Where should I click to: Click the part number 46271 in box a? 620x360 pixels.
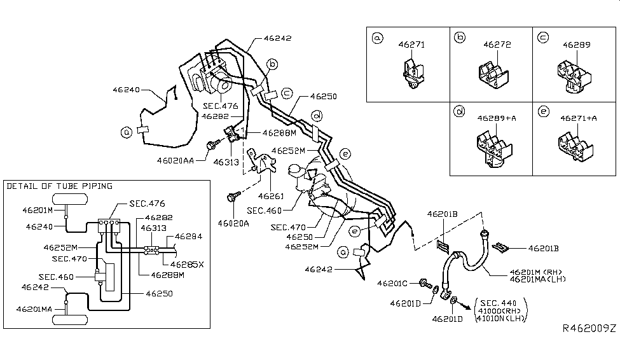pos(411,45)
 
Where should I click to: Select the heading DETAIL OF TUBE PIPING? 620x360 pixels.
pos(59,186)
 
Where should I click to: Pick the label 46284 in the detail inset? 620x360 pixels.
pos(188,236)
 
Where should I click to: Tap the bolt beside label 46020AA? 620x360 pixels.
pos(212,146)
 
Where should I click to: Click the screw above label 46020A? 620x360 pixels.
pos(233,198)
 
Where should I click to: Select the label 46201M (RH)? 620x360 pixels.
pos(532,271)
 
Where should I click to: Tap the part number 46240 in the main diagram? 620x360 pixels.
pos(127,90)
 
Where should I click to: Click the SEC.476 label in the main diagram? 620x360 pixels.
pos(217,106)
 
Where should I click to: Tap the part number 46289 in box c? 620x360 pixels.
pos(576,45)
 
